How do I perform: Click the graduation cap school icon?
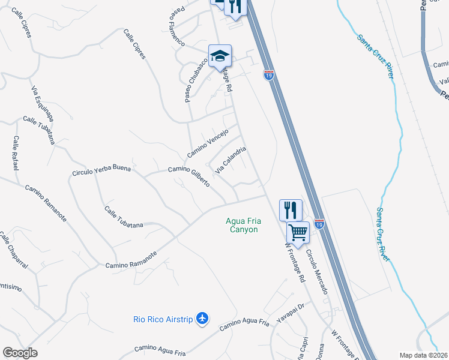tap(220, 56)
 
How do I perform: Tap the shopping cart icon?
tap(298, 231)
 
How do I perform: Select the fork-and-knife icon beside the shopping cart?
tap(291, 210)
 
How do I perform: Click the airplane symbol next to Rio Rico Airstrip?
tap(202, 319)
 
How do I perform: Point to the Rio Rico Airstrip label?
tap(163, 319)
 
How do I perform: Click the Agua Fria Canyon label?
tap(242, 225)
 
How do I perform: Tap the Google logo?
tap(20, 353)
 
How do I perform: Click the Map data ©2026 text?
tap(423, 355)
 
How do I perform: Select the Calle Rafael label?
tap(15, 153)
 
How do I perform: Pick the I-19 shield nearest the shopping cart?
tap(320, 223)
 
